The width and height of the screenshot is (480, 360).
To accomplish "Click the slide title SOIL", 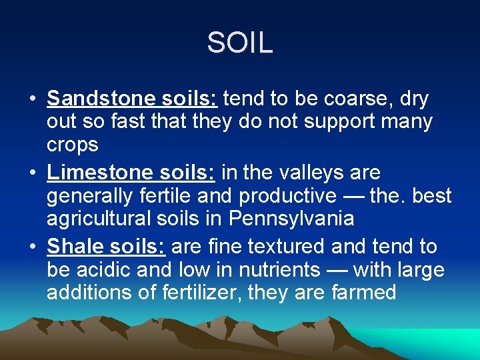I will (239, 43).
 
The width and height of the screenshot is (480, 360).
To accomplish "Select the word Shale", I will (74, 247).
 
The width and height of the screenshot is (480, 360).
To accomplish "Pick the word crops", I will (72, 145).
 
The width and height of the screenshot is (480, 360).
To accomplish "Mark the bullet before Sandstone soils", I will (32, 99).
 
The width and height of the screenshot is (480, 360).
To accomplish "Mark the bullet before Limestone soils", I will (32, 173).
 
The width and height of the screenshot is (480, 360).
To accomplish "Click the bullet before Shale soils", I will (32, 247).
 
